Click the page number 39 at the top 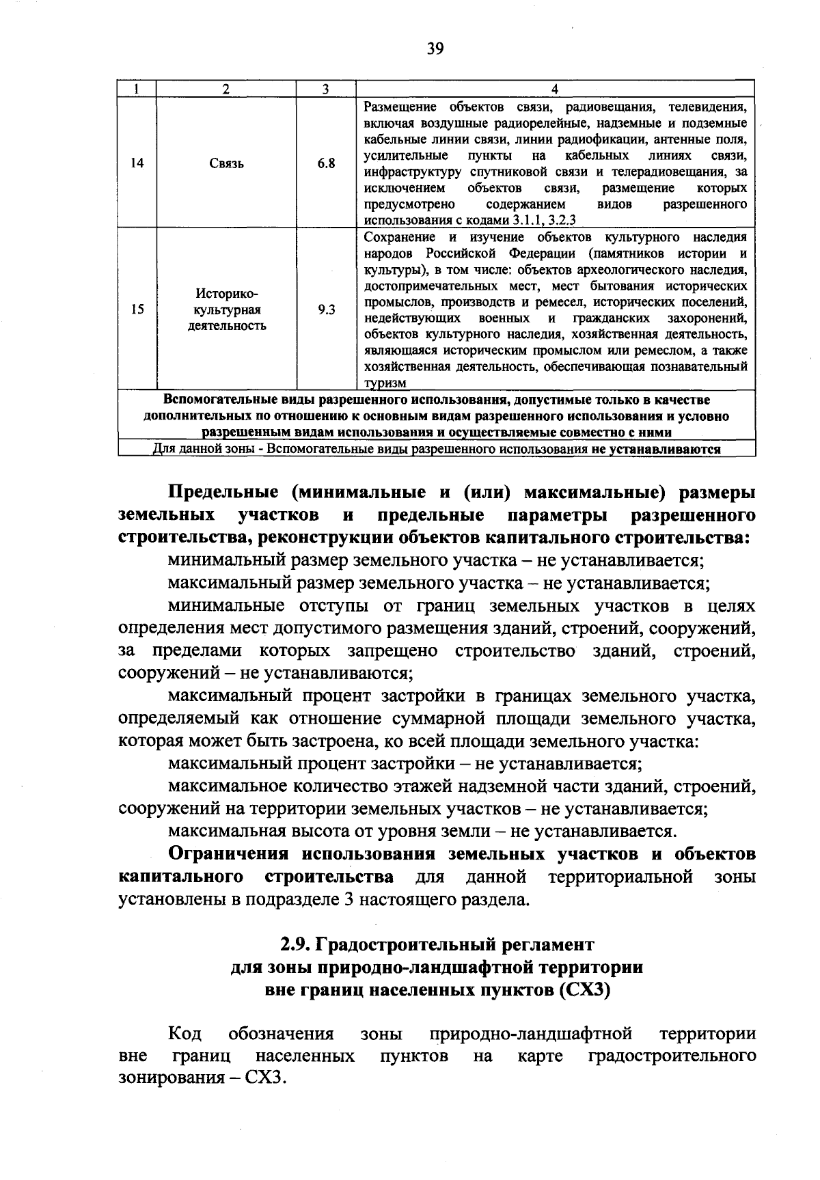(435, 49)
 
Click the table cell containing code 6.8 (326, 163)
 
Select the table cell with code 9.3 (326, 310)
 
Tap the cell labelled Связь (226, 164)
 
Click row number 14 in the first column (137, 163)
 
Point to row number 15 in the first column (137, 310)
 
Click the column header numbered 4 (555, 89)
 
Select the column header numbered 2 (225, 89)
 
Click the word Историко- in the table (227, 294)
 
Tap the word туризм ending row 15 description (385, 383)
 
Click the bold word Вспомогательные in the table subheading (209, 400)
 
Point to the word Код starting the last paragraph (184, 1034)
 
